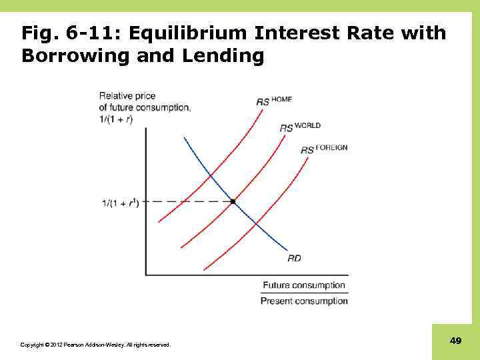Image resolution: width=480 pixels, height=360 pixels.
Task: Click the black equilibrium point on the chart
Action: coord(233,201)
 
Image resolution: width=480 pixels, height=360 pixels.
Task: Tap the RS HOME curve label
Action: coord(273,101)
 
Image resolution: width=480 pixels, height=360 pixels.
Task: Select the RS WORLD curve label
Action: coord(299,126)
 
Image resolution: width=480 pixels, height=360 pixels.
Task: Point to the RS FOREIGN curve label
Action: coord(324,149)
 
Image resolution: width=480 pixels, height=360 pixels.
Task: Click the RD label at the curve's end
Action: coord(294,258)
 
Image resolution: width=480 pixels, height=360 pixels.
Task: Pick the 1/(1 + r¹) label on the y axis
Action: coord(121,201)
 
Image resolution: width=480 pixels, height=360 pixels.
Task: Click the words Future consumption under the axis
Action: coord(304,285)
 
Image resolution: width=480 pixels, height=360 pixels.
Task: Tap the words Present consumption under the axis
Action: coord(304,301)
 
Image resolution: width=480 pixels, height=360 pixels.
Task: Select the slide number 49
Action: coord(456,341)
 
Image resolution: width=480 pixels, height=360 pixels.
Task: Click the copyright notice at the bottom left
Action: coord(95,345)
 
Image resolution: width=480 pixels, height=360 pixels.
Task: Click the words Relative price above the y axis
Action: coord(127,96)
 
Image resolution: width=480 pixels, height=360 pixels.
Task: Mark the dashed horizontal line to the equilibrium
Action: coord(187,201)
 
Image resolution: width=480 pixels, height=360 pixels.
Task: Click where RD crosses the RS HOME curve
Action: coord(211,175)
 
